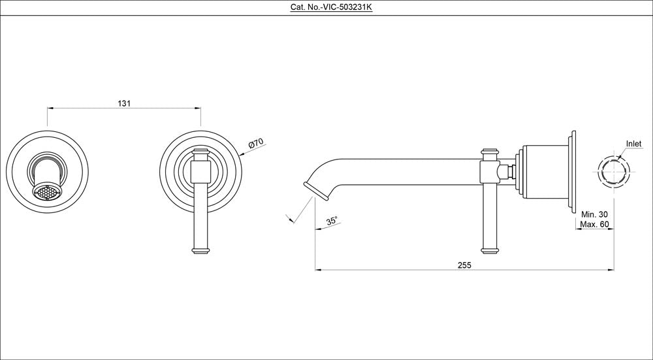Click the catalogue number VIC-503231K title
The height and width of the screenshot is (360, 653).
[326, 7]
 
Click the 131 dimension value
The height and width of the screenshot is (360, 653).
[125, 103]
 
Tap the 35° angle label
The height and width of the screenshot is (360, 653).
[332, 221]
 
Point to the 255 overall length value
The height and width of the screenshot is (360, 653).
[464, 265]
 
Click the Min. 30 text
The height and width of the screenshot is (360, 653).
[594, 214]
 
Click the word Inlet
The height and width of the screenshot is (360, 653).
[633, 144]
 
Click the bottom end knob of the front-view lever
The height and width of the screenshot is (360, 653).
[200, 249]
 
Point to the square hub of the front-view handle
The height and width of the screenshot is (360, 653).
[200, 173]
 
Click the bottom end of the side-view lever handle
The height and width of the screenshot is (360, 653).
[489, 249]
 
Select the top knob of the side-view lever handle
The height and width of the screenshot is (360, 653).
[489, 153]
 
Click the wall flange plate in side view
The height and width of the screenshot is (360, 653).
[573, 173]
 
